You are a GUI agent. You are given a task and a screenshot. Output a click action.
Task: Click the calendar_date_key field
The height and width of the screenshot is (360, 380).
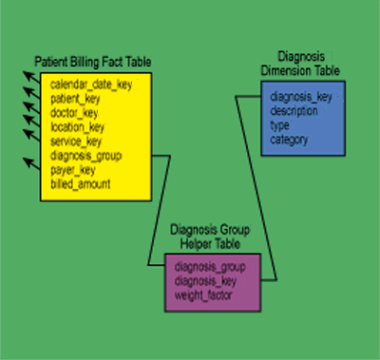pyautogui.click(x=91, y=85)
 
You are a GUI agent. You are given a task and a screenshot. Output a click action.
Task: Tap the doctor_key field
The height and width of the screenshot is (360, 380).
pyautogui.click(x=75, y=112)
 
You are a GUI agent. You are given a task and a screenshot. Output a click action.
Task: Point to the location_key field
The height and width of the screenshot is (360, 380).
pyautogui.click(x=78, y=126)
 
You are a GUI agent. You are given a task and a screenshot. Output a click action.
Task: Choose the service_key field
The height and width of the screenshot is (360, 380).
pyautogui.click(x=76, y=141)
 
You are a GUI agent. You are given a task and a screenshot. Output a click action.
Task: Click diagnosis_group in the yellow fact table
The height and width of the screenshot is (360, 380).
pyautogui.click(x=86, y=155)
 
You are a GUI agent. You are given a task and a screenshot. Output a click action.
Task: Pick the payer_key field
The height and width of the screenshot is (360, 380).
pyautogui.click(x=73, y=169)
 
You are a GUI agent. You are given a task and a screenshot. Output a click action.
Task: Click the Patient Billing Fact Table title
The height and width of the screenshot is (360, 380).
pyautogui.click(x=92, y=63)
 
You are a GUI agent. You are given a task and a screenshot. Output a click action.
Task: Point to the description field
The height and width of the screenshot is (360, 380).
pyautogui.click(x=295, y=111)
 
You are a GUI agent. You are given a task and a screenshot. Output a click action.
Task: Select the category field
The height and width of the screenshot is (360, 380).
pyautogui.click(x=288, y=140)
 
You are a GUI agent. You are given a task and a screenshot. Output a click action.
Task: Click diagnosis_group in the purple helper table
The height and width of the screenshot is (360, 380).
pyautogui.click(x=211, y=267)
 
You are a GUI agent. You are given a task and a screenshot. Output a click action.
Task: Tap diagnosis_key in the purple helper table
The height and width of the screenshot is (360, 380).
pyautogui.click(x=206, y=281)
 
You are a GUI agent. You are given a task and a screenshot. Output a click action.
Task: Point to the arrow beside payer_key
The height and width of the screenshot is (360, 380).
pyautogui.click(x=30, y=167)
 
